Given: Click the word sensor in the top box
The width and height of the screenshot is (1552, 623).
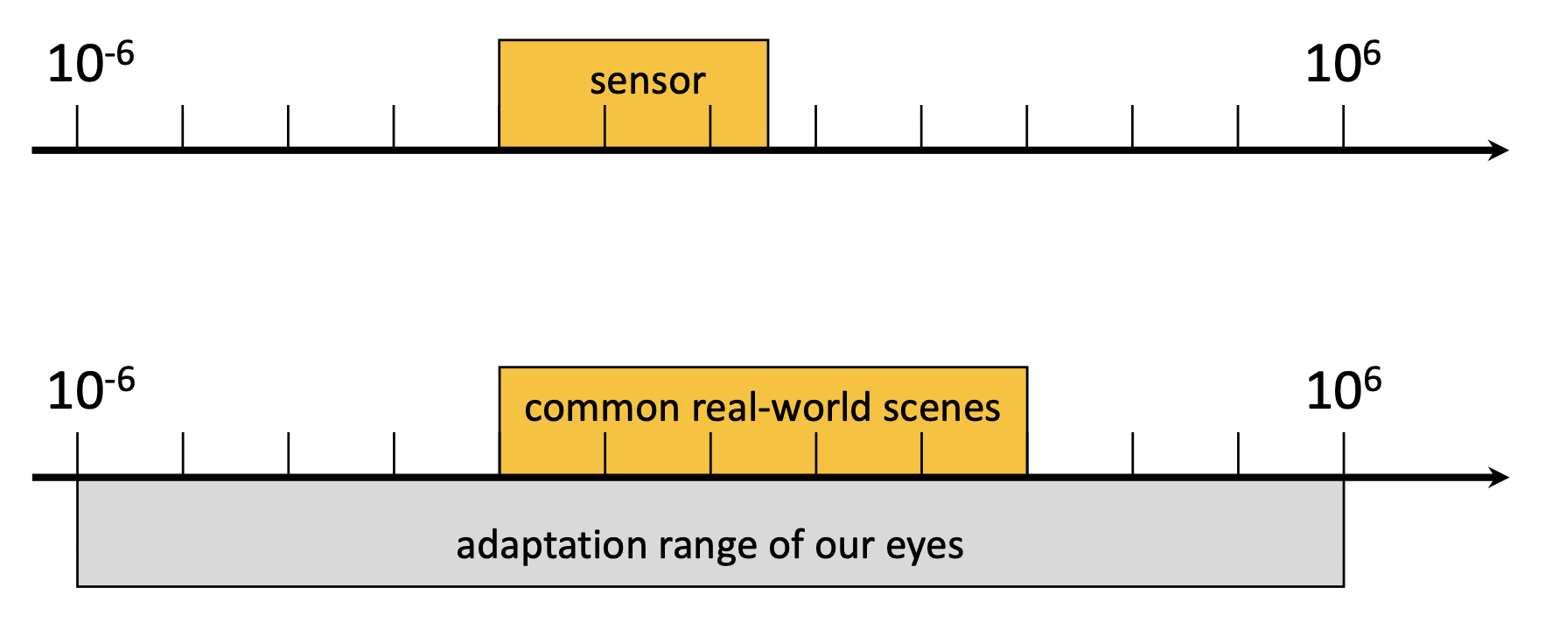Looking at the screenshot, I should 647,81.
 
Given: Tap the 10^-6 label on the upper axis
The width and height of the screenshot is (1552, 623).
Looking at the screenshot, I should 90,63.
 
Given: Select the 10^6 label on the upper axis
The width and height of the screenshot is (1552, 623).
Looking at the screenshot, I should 1342,63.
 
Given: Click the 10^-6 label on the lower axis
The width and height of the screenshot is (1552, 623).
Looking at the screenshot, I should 90,389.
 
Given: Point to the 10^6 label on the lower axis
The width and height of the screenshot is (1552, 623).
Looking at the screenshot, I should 1343,389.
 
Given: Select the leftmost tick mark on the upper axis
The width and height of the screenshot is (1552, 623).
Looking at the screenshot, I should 77,127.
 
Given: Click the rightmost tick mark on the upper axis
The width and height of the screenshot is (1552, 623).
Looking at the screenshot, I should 1344,127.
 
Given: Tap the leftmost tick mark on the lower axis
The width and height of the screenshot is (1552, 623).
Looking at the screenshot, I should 78,453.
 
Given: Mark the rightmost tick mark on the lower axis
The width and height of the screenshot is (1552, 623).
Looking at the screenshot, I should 1344,453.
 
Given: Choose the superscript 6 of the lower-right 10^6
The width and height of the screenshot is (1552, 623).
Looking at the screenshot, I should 1372,380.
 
